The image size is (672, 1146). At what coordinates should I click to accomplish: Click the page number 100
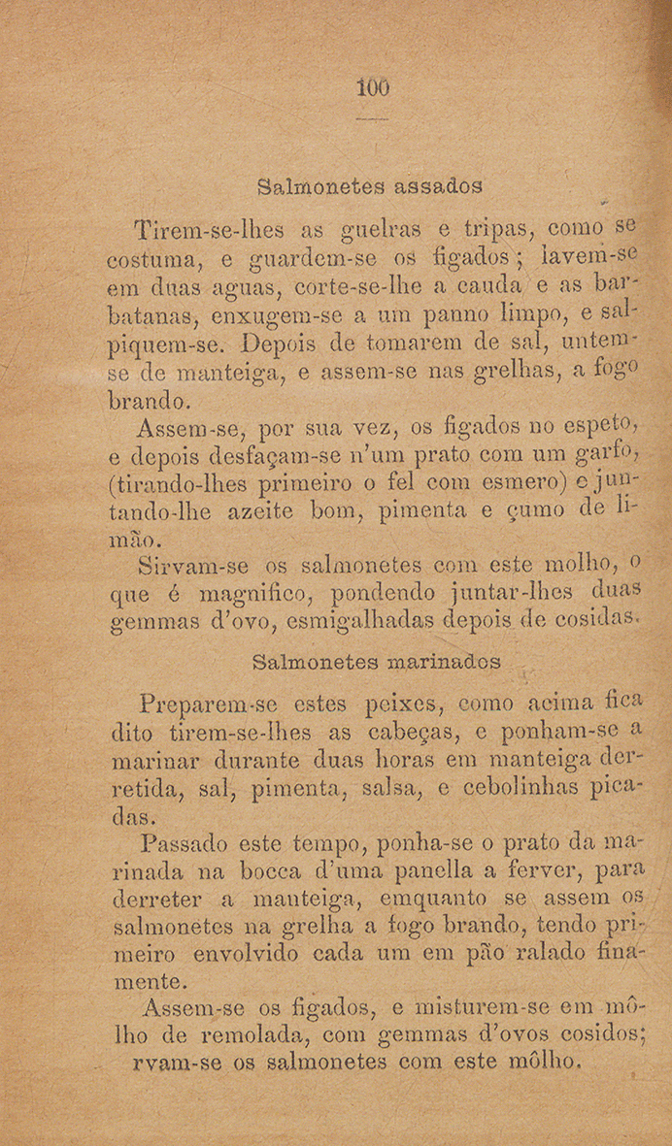(x=373, y=88)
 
